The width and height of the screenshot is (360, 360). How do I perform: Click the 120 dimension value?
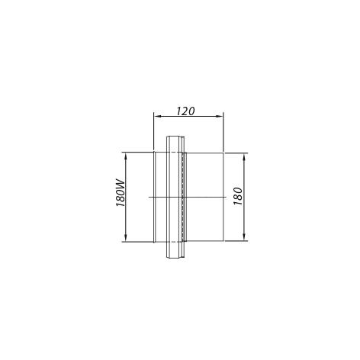pyautogui.click(x=184, y=110)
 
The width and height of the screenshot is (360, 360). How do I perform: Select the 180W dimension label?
pyautogui.click(x=119, y=197)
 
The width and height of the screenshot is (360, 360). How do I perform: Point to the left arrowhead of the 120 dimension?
pyautogui.click(x=158, y=117)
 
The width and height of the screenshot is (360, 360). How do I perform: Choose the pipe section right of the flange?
pyautogui.click(x=204, y=175)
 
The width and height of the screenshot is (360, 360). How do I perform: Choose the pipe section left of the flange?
pyautogui.click(x=158, y=175)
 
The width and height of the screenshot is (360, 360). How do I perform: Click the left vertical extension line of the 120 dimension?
pyautogui.click(x=154, y=133)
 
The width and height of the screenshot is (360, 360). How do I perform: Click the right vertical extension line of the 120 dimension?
pyautogui.click(x=223, y=133)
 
